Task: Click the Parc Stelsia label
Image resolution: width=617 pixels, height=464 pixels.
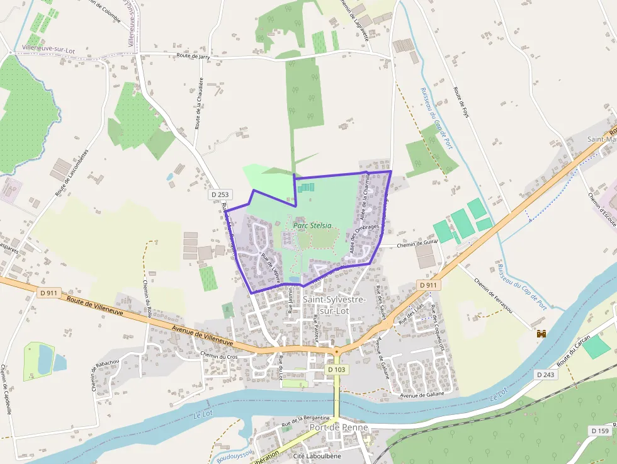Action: pos(312,225)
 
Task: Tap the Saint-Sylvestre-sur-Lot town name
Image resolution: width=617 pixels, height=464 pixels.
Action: pos(334,305)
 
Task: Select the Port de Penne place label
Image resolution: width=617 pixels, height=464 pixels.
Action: pos(339,427)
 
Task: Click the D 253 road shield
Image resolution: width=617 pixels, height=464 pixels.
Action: pos(217,196)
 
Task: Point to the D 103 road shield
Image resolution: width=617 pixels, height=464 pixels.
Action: pos(337,370)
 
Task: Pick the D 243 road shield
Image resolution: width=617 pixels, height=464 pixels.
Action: pos(547,374)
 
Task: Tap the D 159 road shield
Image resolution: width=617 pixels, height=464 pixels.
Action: pos(600,431)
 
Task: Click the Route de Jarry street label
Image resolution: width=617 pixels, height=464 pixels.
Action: pos(193,57)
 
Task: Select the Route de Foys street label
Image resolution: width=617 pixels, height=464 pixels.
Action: pos(461,104)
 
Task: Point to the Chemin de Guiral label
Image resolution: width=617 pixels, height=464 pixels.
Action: pos(416,245)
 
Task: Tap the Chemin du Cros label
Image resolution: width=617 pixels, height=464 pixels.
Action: pos(218,356)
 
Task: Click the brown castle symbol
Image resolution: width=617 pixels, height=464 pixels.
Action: pos(540,335)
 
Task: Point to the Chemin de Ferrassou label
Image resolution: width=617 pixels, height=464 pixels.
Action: pos(494,296)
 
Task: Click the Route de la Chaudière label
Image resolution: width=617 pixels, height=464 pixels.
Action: pos(199,103)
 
